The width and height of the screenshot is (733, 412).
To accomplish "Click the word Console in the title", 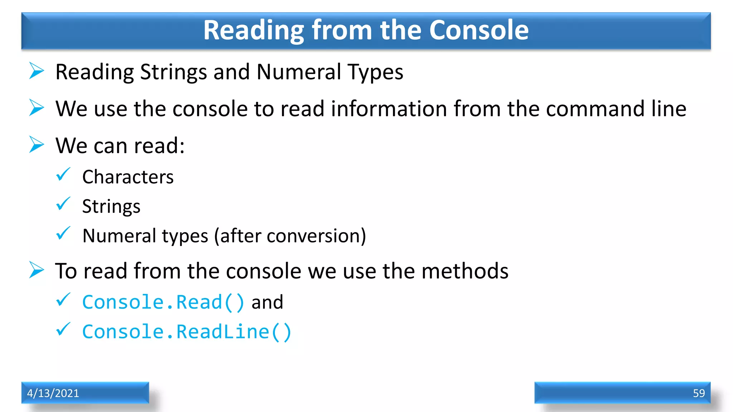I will click(x=479, y=30).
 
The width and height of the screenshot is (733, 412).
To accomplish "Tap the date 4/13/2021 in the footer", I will click(x=53, y=393).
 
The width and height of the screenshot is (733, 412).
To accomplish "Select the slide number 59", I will click(x=699, y=393).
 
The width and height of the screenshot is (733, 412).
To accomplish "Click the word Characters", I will click(x=128, y=177).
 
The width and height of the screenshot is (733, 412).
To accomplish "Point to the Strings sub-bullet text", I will click(x=111, y=206).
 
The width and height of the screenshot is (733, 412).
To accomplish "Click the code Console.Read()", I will click(x=163, y=302).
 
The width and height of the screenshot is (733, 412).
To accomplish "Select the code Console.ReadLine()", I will click(x=187, y=332).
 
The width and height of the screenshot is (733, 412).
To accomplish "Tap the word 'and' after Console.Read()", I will click(x=267, y=302).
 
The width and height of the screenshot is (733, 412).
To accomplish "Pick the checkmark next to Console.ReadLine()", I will click(x=63, y=329).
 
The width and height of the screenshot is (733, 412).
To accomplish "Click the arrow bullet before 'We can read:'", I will click(x=37, y=144).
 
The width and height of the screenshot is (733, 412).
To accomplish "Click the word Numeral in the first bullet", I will click(x=298, y=72).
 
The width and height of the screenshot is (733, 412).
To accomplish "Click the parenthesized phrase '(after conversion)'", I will click(x=290, y=236).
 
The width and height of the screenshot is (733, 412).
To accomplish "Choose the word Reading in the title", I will click(x=253, y=30).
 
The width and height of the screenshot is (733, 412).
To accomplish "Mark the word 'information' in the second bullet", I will click(x=389, y=109).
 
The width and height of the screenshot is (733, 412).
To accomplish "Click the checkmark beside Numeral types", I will click(x=63, y=234).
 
